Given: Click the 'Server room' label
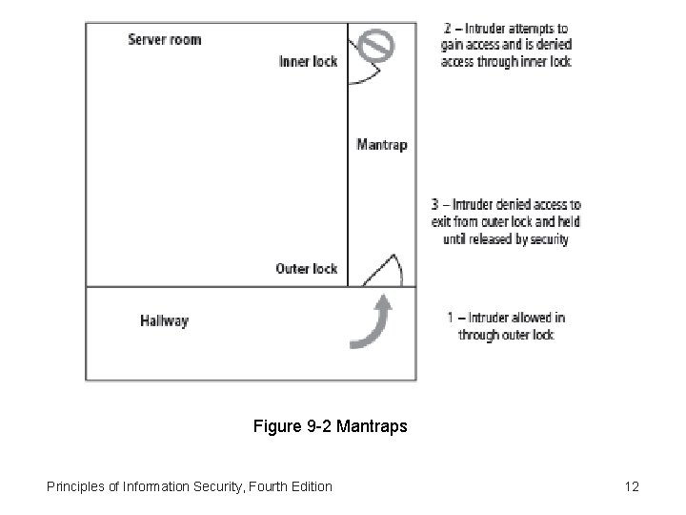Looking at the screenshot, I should point(165,39).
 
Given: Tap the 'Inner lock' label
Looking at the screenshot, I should point(308,62).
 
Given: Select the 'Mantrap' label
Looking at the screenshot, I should point(381,145).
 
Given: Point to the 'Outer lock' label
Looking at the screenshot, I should point(306,269).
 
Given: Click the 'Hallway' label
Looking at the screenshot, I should point(164,321).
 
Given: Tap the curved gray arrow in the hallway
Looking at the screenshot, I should point(373,324).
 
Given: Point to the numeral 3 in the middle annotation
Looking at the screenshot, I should point(437,205).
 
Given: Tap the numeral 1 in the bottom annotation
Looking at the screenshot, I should point(451,318).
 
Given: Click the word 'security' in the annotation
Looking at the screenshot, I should point(545,239).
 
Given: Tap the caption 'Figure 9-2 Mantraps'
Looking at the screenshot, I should point(330,426).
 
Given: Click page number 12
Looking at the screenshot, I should point(631,487).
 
